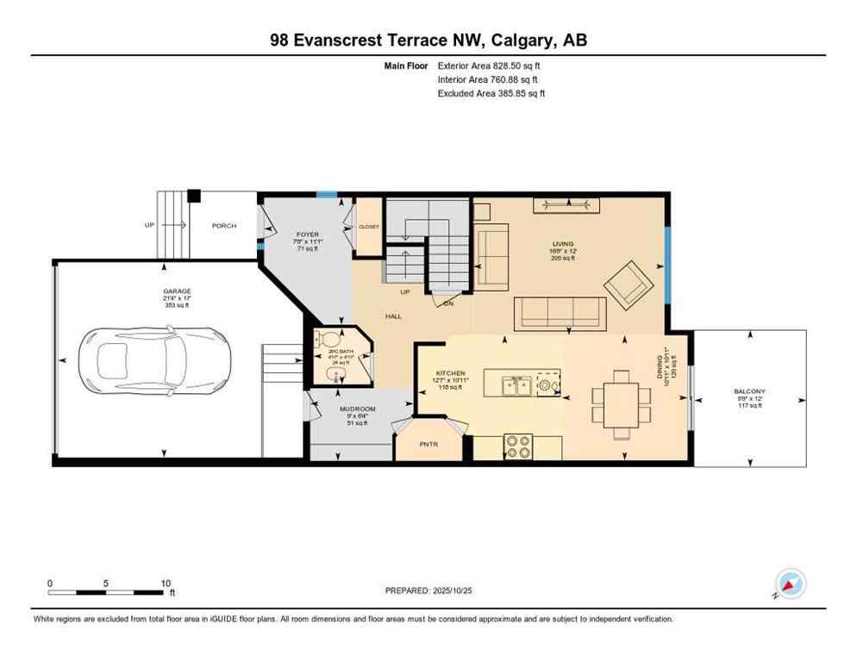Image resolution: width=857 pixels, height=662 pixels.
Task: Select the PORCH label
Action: [x=224, y=227]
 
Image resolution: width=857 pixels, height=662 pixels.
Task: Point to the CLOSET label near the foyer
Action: [x=368, y=227]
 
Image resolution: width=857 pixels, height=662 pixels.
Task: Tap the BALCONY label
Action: [x=750, y=391]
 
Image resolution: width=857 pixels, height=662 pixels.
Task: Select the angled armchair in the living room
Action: [x=630, y=285]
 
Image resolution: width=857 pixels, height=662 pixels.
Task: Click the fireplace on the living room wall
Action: [x=566, y=204]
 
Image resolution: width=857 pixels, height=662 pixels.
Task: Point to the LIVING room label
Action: [x=562, y=244]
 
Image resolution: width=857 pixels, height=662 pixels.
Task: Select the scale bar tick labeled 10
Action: [x=166, y=583]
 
